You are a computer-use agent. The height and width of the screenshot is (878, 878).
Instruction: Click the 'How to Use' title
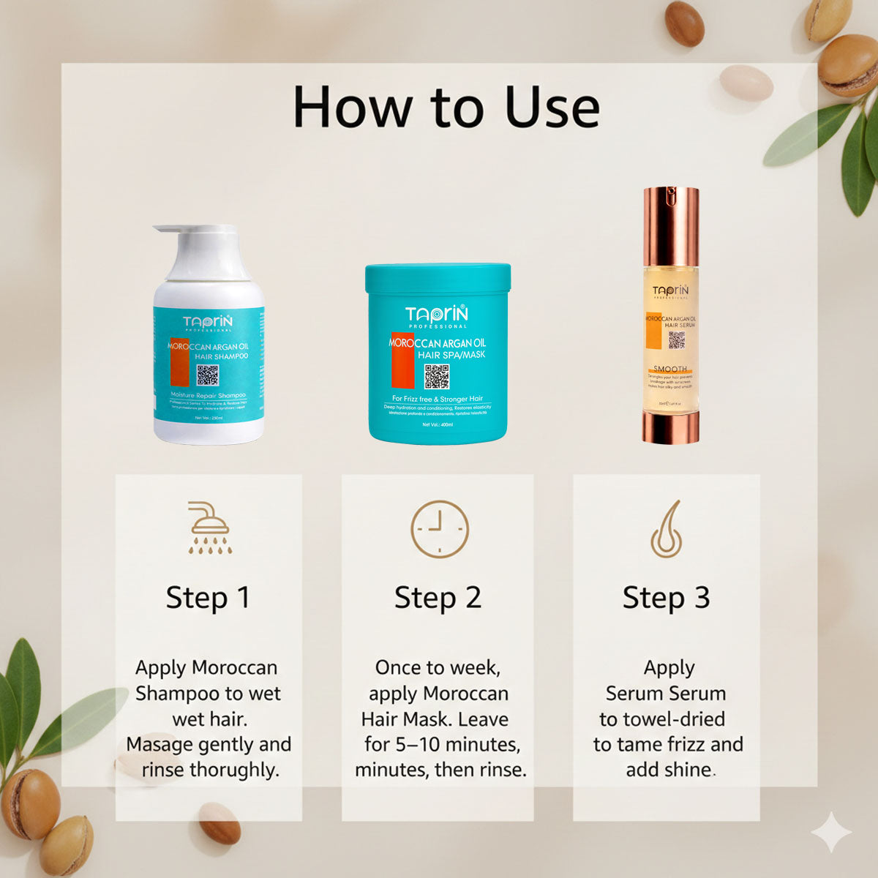(446, 108)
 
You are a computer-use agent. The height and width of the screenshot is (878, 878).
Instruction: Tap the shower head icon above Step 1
(209, 527)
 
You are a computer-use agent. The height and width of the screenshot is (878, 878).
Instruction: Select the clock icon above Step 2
(439, 529)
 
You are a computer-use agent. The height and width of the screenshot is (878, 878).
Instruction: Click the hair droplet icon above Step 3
(667, 529)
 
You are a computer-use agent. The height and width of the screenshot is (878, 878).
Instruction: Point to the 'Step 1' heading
(208, 598)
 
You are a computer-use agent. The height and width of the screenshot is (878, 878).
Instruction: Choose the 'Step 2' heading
(438, 598)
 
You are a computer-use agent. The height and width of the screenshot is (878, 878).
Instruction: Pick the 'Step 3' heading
(666, 598)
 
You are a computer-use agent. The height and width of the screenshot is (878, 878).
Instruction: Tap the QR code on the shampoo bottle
(207, 375)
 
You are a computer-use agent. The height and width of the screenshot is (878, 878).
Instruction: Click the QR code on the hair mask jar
(437, 376)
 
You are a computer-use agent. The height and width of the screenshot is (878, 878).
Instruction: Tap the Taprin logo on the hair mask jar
(437, 315)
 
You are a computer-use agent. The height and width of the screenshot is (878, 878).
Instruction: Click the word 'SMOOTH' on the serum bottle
(670, 369)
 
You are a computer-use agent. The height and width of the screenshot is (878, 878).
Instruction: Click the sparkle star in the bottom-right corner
(831, 832)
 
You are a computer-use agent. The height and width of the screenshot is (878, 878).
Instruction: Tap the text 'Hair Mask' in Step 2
(403, 719)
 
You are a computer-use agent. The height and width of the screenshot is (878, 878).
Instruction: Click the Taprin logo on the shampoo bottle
(208, 323)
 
